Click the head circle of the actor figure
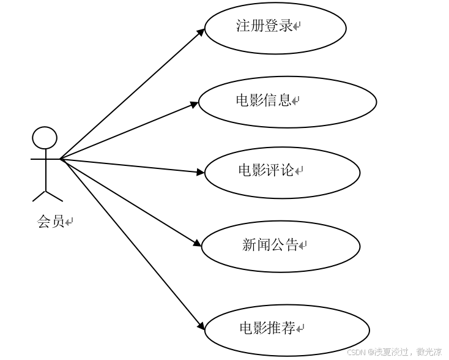click(45, 138)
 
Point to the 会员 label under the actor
click(51, 222)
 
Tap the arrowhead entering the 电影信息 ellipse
click(195, 104)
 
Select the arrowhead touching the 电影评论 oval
click(201, 173)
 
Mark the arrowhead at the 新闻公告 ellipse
click(198, 243)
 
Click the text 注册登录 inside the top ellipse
click(264, 26)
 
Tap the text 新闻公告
click(270, 246)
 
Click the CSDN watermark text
click(394, 352)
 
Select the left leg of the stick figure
click(39, 195)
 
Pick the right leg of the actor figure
click(54, 195)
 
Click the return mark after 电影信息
click(295, 100)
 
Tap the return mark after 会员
click(69, 222)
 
